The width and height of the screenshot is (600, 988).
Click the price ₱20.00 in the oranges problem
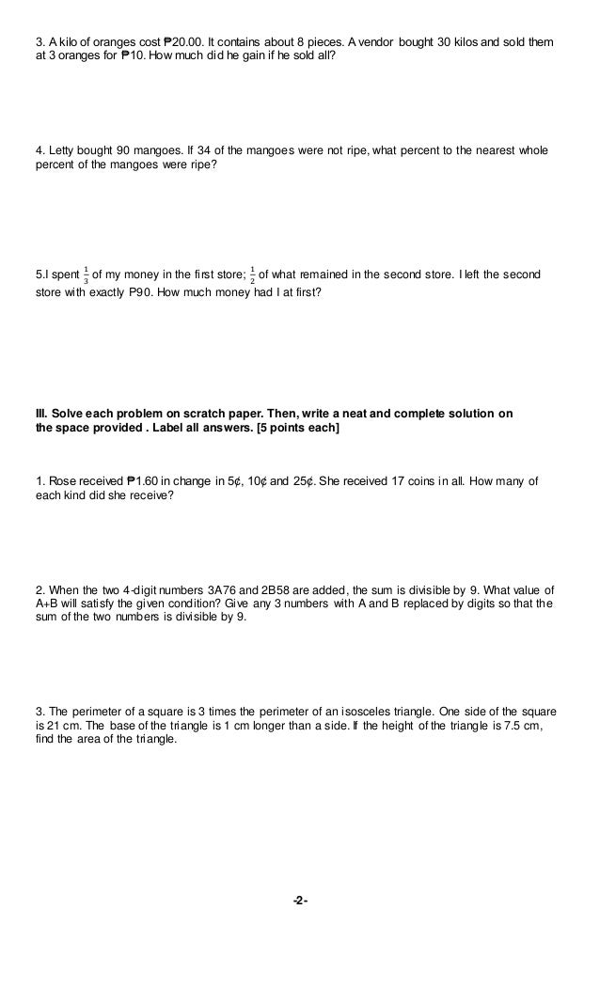click(186, 42)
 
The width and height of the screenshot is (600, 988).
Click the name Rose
click(61, 481)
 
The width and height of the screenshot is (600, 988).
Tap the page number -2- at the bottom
click(300, 901)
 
